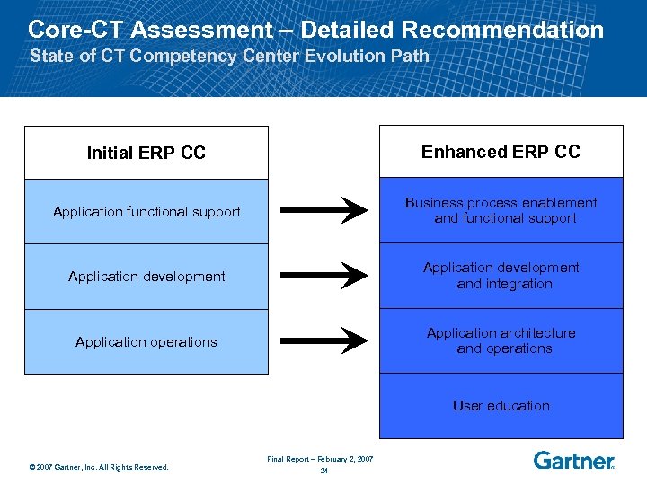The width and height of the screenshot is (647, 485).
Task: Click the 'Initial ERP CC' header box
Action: (x=146, y=153)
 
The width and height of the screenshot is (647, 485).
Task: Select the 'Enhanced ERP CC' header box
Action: (x=501, y=152)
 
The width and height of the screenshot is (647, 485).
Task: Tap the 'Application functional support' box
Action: (x=146, y=212)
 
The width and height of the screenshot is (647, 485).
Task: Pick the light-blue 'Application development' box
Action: (x=146, y=277)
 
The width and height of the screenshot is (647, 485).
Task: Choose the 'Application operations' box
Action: (x=146, y=341)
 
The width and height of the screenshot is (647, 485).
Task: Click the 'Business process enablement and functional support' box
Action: (x=501, y=210)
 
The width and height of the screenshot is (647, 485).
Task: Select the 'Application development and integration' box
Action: (x=501, y=276)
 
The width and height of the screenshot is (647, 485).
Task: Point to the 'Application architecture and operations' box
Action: (x=501, y=340)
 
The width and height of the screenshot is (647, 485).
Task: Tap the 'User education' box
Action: (x=501, y=406)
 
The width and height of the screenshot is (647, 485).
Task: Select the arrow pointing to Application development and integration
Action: (x=324, y=276)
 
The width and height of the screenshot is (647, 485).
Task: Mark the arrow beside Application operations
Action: (x=324, y=340)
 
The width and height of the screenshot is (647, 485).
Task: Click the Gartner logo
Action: (x=573, y=461)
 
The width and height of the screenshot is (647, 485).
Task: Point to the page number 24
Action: (x=323, y=471)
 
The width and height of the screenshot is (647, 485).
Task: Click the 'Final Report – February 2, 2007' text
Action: (x=320, y=459)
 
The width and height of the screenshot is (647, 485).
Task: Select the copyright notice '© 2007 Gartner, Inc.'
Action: (x=99, y=466)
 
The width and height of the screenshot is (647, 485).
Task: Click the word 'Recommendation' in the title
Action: (x=502, y=30)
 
